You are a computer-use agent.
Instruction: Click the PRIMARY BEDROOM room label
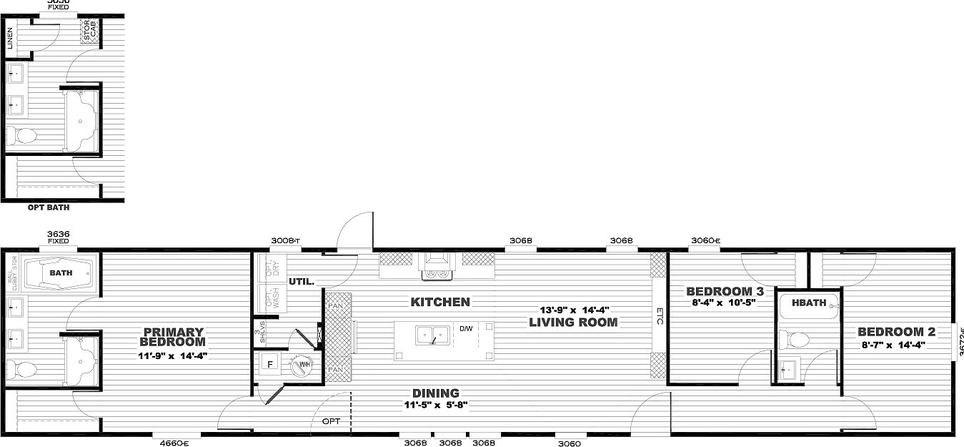coord(174,337)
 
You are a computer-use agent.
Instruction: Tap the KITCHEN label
coord(440,302)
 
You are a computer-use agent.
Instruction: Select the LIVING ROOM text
coord(573,322)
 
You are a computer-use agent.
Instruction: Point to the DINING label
coord(435,393)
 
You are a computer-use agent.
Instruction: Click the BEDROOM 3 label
coord(725,291)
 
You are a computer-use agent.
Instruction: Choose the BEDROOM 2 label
coord(896,332)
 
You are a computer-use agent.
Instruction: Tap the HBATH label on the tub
coord(811,303)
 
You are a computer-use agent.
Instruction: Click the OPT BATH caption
coord(49,208)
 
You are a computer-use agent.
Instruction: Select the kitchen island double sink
coord(433,333)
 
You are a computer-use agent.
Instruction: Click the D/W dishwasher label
coord(466,329)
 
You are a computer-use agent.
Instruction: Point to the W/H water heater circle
coord(299,365)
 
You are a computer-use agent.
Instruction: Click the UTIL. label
coord(302,282)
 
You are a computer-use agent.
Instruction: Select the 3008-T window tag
coord(285,241)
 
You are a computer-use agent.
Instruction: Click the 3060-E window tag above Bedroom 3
coord(705,240)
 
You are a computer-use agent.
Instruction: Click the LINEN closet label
coord(10,38)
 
